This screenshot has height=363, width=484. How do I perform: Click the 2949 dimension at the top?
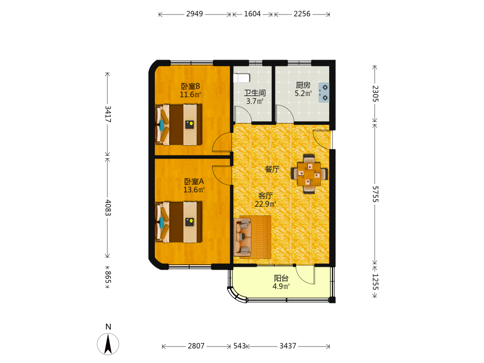(195, 14)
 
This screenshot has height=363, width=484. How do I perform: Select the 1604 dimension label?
(252, 14)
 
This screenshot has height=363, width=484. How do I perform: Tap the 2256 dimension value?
(302, 14)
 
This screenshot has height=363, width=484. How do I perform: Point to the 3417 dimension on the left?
(108, 114)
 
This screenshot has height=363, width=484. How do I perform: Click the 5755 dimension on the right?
(375, 194)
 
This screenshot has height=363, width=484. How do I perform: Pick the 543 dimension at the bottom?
(240, 346)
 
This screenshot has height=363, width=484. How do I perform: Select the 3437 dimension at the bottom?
(287, 346)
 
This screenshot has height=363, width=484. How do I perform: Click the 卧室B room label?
(190, 86)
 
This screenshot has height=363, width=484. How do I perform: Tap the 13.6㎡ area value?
(194, 190)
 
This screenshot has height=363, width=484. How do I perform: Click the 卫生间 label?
(255, 92)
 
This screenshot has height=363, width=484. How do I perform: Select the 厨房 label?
(303, 85)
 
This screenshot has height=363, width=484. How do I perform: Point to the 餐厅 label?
(272, 169)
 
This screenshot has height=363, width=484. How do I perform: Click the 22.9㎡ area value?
(265, 204)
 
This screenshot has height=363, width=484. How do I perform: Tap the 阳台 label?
(281, 278)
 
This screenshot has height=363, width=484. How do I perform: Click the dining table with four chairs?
(309, 174)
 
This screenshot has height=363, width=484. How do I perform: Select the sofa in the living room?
(242, 237)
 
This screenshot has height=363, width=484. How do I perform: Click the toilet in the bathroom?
(242, 78)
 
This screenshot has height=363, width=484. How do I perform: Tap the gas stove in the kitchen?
(324, 92)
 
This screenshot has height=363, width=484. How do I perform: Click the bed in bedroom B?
(179, 125)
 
